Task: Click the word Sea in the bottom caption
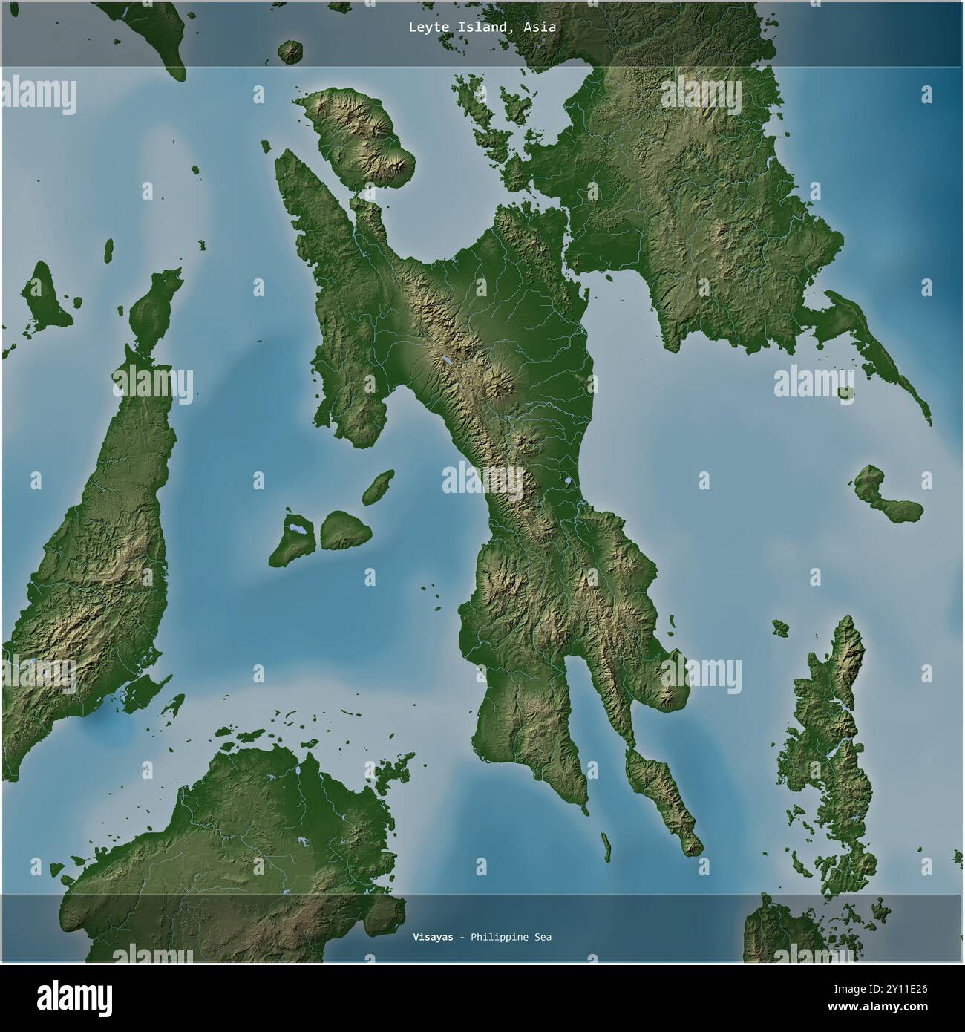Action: tap(542, 937)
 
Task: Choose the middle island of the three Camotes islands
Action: tap(344, 529)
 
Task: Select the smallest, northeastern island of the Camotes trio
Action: tap(379, 486)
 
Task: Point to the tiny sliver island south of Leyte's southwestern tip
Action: tap(606, 846)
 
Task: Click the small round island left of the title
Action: tap(289, 52)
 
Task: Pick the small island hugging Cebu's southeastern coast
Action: tap(145, 690)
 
